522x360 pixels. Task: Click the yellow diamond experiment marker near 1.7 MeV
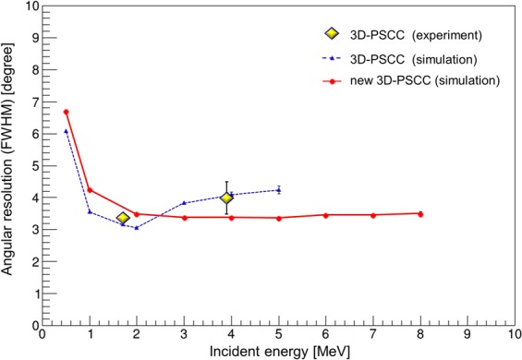(x=123, y=218)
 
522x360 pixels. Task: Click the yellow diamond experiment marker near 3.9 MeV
(x=226, y=198)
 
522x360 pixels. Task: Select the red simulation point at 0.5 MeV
(x=67, y=112)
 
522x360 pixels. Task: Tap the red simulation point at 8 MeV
(x=420, y=213)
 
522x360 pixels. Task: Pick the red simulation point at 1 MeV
(x=90, y=190)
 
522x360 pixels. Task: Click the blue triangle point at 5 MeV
(x=279, y=190)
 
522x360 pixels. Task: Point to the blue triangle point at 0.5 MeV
(x=67, y=131)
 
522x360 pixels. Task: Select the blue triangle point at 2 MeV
(x=137, y=228)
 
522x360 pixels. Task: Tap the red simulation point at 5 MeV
(x=279, y=218)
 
